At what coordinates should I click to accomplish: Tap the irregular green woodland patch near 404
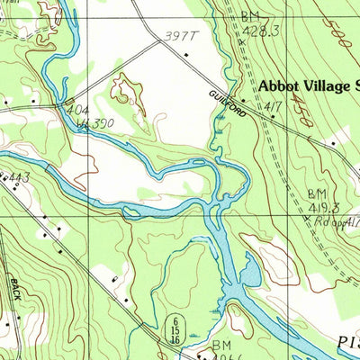[x=126, y=90]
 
